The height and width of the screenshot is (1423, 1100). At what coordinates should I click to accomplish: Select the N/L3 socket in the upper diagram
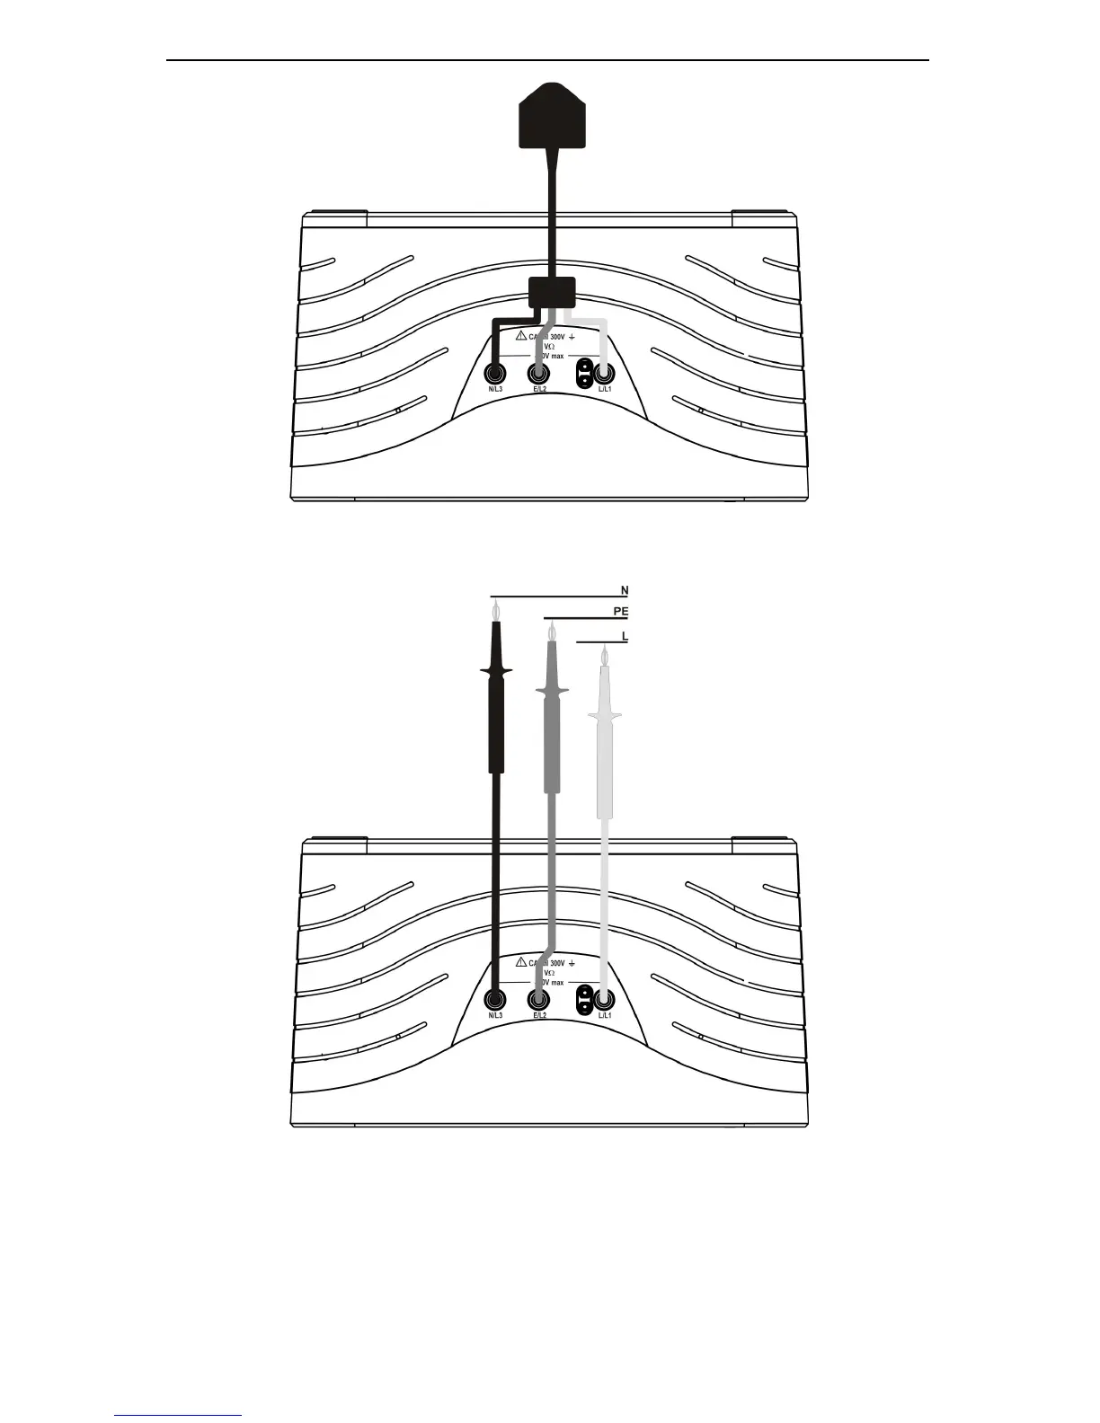point(494,372)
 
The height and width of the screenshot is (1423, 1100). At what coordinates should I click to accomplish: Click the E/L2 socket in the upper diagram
point(539,372)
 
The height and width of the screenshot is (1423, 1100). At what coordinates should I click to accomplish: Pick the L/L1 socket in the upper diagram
point(604,372)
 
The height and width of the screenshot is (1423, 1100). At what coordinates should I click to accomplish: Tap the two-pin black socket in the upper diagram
point(584,372)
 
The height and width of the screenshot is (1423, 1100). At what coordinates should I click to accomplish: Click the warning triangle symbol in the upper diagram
point(520,334)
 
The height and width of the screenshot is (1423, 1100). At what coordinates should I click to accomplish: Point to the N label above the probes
point(625,590)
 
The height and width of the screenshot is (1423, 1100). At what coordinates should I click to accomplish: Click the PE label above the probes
point(620,612)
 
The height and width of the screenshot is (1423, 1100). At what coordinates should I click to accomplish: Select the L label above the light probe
point(625,636)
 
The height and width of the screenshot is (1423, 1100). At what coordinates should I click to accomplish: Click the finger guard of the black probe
point(495,671)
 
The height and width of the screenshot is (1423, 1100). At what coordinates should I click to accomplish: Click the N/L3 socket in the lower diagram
point(494,998)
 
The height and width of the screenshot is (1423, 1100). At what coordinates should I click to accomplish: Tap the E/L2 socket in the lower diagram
point(539,998)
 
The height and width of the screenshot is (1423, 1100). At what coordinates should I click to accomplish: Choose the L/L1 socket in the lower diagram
point(604,998)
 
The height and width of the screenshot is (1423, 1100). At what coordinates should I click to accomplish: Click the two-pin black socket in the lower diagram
point(584,998)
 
